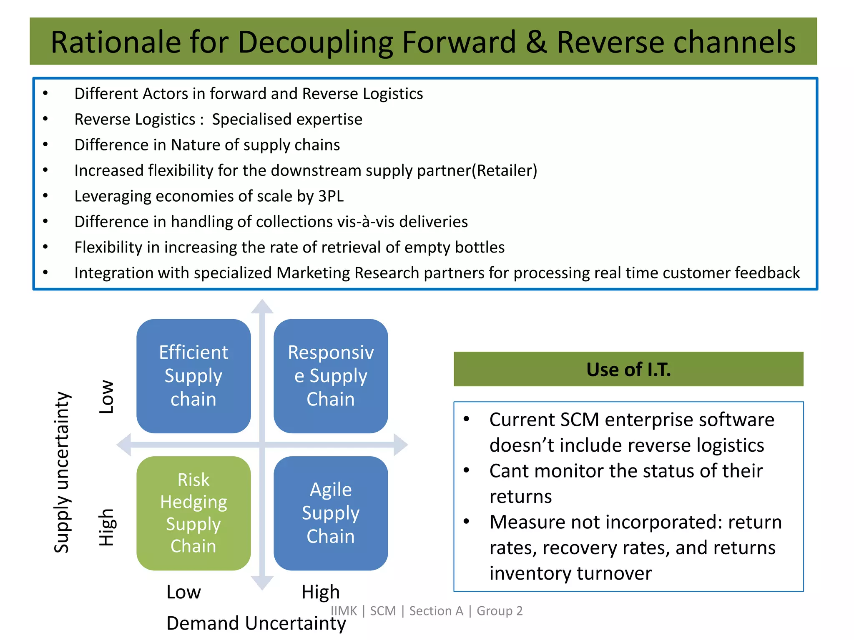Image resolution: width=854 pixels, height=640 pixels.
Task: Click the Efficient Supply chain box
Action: point(193,376)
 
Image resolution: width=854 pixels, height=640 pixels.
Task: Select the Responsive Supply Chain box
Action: point(331,376)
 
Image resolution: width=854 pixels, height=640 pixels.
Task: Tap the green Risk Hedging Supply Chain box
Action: point(193,513)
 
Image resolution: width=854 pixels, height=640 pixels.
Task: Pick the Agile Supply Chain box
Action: point(331,513)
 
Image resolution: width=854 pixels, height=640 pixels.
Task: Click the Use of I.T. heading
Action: point(628,369)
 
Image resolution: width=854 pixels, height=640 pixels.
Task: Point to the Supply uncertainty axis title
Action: point(62,472)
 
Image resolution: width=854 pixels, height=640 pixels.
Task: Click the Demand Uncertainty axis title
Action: point(256,623)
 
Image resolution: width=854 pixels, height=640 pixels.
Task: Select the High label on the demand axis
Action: point(320,592)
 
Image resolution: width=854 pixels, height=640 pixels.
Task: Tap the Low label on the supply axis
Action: point(107,397)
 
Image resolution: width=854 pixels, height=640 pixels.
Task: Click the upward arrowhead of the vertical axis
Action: point(262,307)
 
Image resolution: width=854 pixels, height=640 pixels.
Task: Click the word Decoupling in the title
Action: point(315,42)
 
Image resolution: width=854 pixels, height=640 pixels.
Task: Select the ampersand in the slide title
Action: point(536,42)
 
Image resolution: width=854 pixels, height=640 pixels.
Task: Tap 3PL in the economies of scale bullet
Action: point(331,196)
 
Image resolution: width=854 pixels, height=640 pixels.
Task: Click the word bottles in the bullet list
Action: point(480,247)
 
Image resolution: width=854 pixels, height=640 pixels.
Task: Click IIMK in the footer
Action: point(344,611)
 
